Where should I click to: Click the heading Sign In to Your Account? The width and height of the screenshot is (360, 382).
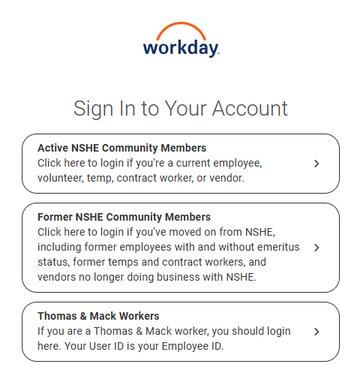[180, 108]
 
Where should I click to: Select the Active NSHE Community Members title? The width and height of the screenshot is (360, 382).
[121, 148]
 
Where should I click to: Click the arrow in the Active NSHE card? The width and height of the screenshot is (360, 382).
[317, 164]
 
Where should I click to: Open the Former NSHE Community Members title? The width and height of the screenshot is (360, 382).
[124, 218]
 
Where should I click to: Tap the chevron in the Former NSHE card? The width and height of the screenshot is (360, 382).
[317, 248]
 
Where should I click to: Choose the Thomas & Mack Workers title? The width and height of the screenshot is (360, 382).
[98, 316]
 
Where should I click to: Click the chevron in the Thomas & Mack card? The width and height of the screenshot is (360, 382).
[317, 331]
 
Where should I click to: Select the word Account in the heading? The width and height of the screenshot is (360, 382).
[250, 108]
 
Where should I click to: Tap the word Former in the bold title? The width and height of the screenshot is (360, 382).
[56, 218]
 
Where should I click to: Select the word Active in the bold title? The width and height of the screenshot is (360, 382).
[54, 148]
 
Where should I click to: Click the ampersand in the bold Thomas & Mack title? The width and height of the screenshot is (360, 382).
[82, 316]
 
